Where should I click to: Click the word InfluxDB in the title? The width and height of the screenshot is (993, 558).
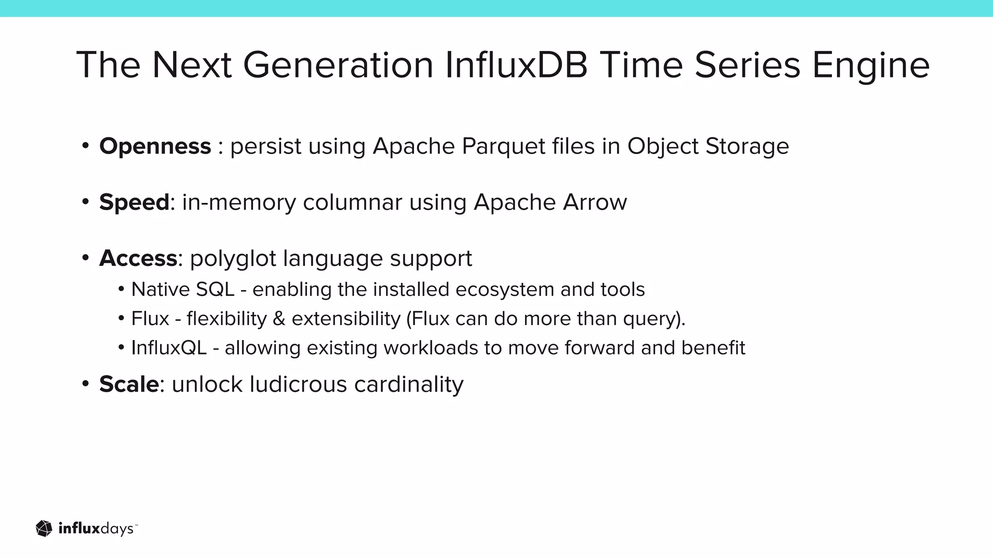point(516,65)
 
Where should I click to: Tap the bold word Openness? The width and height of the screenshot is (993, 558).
point(155,146)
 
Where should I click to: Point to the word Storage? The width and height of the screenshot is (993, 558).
point(747,146)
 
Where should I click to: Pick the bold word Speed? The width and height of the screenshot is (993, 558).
point(134,202)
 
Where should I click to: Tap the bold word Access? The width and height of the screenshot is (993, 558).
point(138,258)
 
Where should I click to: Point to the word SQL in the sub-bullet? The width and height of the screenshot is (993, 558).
point(215,290)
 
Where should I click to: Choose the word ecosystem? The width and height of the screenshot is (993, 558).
point(504,290)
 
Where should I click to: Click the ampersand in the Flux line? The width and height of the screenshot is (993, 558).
point(279,319)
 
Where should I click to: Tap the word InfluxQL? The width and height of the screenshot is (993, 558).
point(169,348)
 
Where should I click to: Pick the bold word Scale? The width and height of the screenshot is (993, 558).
point(129,385)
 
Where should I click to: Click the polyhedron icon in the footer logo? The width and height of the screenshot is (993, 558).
point(44,528)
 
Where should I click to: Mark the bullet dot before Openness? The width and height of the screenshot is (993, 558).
point(85,145)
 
